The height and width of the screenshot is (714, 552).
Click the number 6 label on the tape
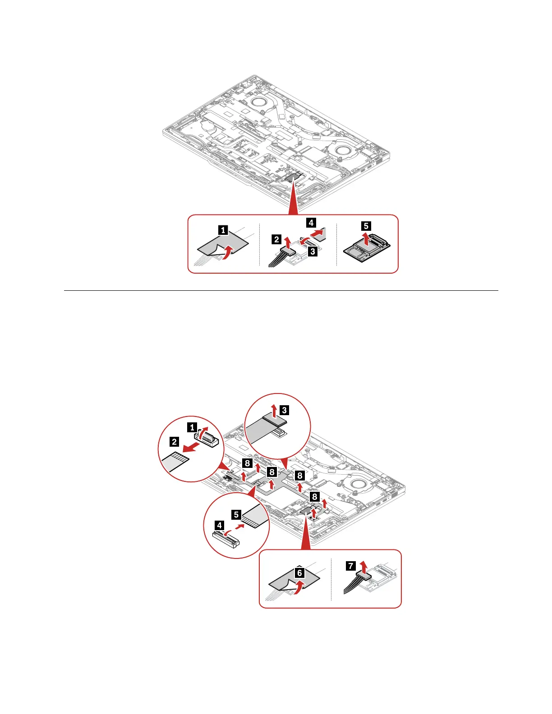299,573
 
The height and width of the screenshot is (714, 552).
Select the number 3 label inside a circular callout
285,410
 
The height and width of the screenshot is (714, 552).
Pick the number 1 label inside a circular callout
192,427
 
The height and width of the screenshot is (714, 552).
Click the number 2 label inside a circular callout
174,441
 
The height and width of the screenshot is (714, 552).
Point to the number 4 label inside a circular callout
220,525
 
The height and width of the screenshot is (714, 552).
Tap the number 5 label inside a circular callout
236,514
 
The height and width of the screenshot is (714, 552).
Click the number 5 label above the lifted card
366,226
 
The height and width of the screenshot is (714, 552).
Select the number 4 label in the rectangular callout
311,222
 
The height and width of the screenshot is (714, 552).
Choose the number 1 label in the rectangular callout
223,230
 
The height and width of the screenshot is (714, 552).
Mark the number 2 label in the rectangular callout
276,239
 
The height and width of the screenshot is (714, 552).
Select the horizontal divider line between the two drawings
281,290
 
